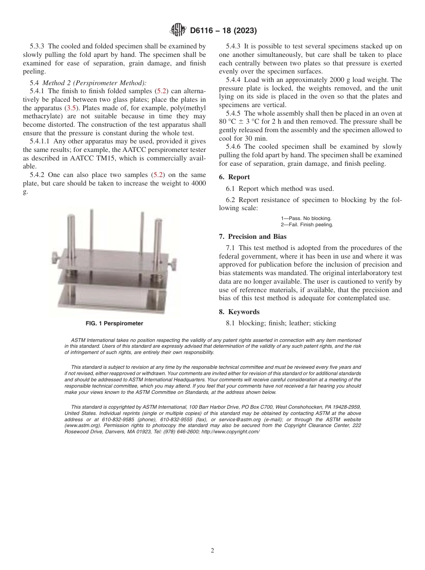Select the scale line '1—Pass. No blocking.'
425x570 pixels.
pos(306,218)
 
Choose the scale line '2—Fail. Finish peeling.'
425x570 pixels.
pos(307,225)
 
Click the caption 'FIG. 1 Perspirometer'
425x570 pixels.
pos(115,323)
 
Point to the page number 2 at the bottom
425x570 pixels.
pos(212,550)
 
